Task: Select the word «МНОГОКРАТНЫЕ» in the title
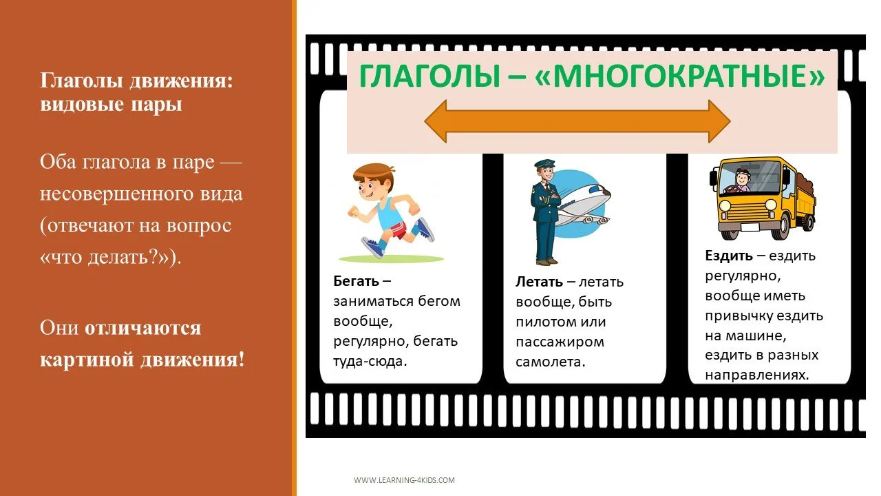pyautogui.click(x=679, y=76)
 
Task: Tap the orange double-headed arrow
pyautogui.click(x=577, y=121)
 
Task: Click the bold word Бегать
pyautogui.click(x=356, y=281)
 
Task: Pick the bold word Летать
pyautogui.click(x=540, y=282)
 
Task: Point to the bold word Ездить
pyautogui.click(x=728, y=256)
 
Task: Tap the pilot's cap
pyautogui.click(x=544, y=165)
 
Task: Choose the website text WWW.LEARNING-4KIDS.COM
pyautogui.click(x=404, y=480)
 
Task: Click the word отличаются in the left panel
pyautogui.click(x=142, y=328)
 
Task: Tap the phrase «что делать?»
pyautogui.click(x=105, y=258)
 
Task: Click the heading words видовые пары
pyautogui.click(x=111, y=106)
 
